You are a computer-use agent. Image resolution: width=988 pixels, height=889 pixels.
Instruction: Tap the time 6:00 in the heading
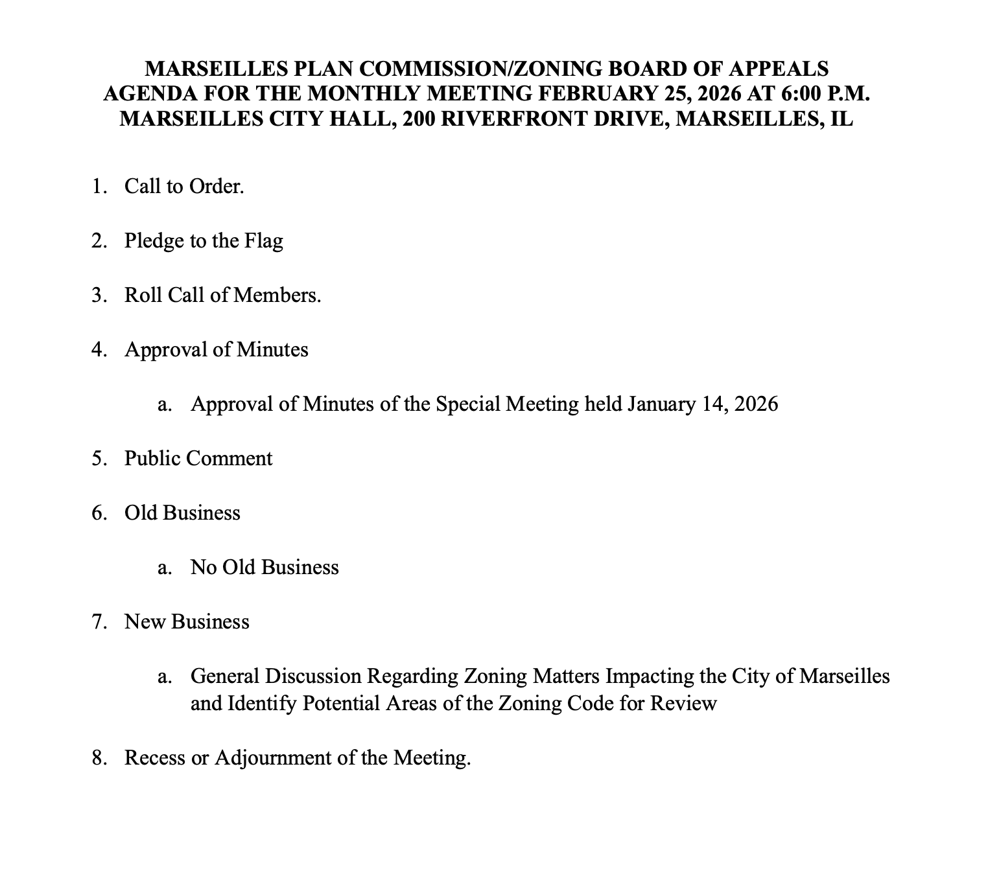[x=804, y=93]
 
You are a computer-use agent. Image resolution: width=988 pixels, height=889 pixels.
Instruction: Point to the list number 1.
[x=98, y=187]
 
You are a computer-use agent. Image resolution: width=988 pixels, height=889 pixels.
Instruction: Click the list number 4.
[x=99, y=350]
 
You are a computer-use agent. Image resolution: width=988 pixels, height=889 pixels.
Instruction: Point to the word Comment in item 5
[x=229, y=459]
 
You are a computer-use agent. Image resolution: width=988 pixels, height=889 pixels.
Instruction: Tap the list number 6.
[x=99, y=513]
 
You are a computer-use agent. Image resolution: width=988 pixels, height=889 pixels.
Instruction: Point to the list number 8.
[x=99, y=757]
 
